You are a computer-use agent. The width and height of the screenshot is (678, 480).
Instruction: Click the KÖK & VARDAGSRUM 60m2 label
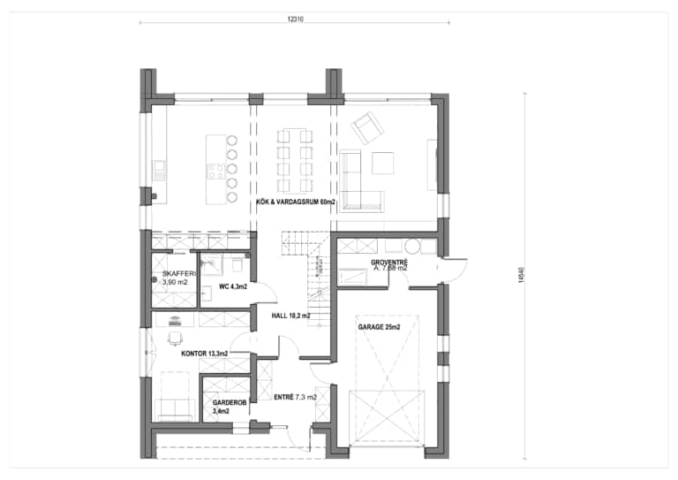pos(296,202)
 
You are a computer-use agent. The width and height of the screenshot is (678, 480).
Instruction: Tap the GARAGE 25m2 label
pos(379,327)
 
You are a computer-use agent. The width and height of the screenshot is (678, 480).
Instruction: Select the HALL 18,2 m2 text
pos(284,314)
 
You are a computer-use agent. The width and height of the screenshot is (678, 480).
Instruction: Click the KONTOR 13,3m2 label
pos(205,354)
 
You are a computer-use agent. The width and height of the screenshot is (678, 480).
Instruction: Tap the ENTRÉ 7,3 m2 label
pos(294,398)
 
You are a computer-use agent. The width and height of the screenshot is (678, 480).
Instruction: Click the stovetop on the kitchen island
pos(215,171)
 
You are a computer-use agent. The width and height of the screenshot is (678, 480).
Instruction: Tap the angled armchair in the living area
pos(364,130)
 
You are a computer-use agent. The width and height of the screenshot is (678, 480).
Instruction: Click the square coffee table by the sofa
pos(383,164)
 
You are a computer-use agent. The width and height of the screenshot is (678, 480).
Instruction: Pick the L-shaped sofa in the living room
pos(358,186)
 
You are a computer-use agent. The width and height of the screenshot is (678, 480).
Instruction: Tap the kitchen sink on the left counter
pos(159,168)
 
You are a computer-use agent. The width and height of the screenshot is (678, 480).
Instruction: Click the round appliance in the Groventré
pos(411,248)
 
